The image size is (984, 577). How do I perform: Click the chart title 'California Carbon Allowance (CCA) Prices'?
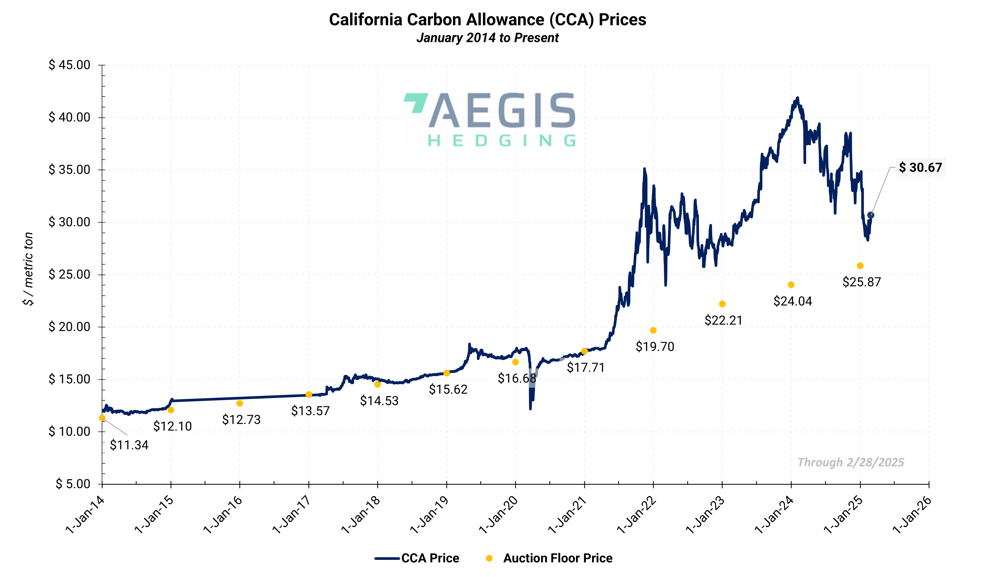point(487,20)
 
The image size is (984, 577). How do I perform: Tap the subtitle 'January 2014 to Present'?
point(487,38)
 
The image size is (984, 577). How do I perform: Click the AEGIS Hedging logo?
point(489,119)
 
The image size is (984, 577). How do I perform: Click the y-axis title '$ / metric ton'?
point(28,269)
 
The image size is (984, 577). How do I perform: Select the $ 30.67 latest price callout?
point(920,168)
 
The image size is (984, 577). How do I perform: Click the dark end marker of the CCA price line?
point(871,215)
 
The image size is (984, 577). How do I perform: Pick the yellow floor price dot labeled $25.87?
point(860,266)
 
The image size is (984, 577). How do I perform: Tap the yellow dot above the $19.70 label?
point(653,330)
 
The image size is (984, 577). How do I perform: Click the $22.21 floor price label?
point(723,320)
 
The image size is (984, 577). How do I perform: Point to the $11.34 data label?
point(129,445)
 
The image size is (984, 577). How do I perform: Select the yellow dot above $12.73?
point(240,403)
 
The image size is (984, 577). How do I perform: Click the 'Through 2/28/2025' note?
point(850,462)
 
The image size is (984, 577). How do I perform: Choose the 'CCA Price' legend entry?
point(417,558)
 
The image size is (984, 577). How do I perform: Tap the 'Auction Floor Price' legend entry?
point(549,558)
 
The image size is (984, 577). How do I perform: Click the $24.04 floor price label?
point(792,301)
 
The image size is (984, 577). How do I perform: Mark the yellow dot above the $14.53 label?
point(377,384)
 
